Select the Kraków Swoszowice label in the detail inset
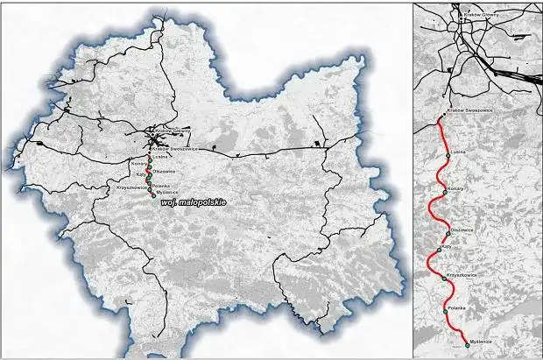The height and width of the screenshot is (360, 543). pyautogui.click(x=466, y=112)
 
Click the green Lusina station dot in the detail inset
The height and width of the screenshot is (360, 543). pyautogui.click(x=448, y=155)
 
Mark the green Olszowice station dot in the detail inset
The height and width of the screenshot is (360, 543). pyautogui.click(x=448, y=235)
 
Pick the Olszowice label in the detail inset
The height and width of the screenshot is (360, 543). pyautogui.click(x=462, y=229)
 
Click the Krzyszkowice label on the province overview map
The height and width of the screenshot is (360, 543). pyautogui.click(x=128, y=188)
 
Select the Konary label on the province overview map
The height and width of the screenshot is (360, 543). pyautogui.click(x=139, y=164)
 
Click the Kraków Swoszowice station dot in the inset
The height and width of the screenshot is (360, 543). pyautogui.click(x=439, y=117)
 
